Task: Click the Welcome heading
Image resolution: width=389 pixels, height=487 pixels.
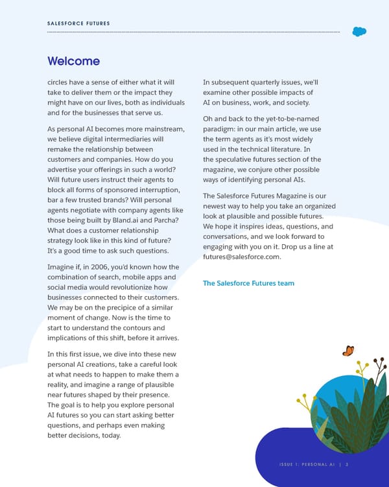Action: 73,61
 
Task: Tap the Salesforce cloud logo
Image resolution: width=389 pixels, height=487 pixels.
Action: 359,31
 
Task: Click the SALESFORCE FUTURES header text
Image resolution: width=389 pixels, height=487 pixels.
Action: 78,23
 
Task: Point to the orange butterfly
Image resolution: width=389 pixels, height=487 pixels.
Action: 348,351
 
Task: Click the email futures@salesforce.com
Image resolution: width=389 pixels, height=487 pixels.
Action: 242,256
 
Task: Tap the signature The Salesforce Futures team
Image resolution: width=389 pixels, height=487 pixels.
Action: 248,283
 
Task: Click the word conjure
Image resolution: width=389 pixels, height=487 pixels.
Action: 263,169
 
